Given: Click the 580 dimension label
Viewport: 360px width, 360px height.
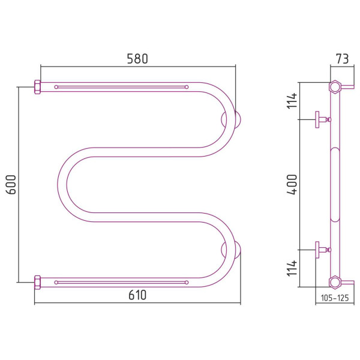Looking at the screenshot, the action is pos(137,59).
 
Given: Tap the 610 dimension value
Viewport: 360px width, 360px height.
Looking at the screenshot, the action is pos(137,295).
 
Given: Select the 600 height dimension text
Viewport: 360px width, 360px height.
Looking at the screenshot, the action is pos(11,185).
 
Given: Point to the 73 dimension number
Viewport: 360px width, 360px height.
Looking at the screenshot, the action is pos(342,59).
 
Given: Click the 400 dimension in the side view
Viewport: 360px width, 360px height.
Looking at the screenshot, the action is pos(292,184).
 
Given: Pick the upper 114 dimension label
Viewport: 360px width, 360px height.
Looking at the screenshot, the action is pos(292,101).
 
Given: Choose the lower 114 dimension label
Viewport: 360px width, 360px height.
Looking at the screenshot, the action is pos(292,268).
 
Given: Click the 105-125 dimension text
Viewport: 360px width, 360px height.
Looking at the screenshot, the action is pos(335,298).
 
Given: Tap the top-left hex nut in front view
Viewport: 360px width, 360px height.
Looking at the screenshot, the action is pos(37,87).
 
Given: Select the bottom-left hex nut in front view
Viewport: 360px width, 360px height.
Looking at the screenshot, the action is pos(37,283).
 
